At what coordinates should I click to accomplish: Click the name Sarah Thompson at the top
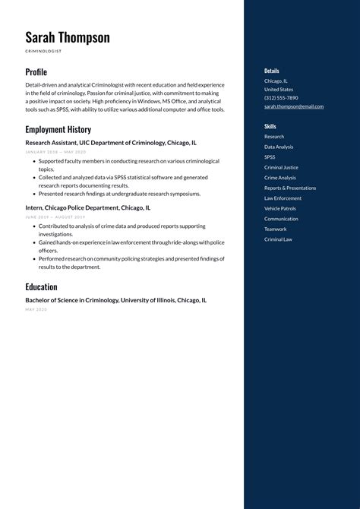(67, 37)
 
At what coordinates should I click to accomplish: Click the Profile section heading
(36, 72)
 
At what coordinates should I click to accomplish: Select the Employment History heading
(58, 130)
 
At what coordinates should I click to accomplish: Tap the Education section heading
(41, 287)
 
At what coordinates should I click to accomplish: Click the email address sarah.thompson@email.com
(294, 106)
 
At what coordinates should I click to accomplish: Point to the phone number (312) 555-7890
(281, 98)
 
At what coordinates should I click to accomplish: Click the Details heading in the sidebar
(272, 71)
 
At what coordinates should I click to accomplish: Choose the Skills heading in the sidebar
(270, 126)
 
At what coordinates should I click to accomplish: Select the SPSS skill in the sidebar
(270, 157)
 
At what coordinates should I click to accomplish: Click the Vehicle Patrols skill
(281, 208)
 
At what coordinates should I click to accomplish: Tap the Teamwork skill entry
(276, 229)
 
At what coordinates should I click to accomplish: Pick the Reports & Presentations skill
(290, 188)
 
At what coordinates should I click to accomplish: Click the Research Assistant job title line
(111, 142)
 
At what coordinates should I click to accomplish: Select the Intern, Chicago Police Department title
(87, 207)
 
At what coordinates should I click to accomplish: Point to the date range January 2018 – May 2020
(55, 152)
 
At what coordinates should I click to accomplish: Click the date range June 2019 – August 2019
(55, 217)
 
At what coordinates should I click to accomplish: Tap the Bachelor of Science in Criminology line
(115, 300)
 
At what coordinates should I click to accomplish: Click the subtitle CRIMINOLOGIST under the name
(43, 51)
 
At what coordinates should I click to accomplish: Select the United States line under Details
(279, 89)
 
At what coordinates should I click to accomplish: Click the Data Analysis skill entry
(279, 147)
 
